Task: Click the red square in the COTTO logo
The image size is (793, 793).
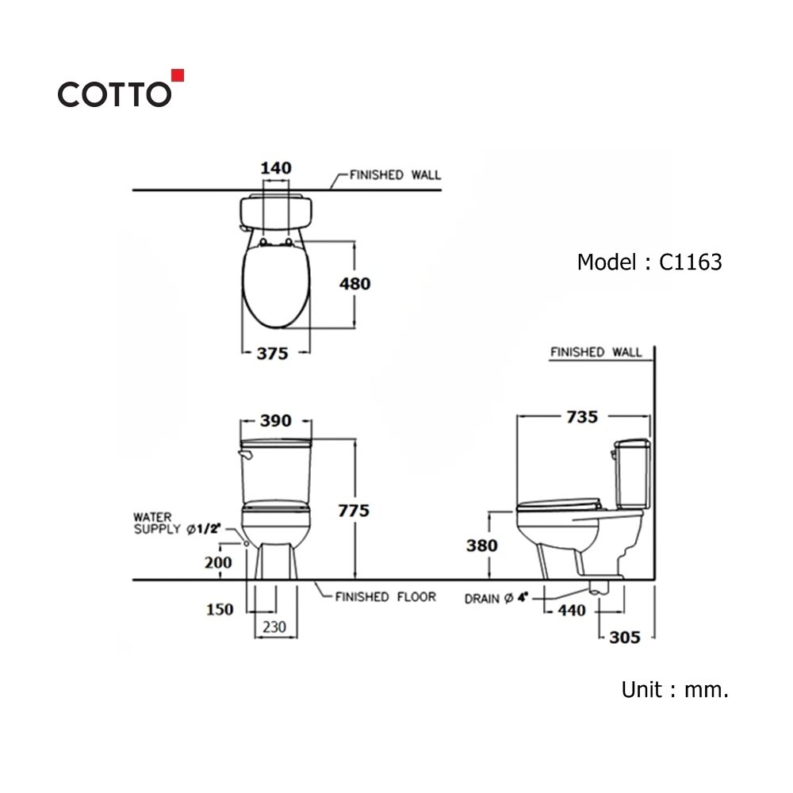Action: pyautogui.click(x=178, y=75)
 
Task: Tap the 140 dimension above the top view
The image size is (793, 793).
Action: pyautogui.click(x=276, y=168)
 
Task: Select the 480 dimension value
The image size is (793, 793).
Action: pyautogui.click(x=355, y=284)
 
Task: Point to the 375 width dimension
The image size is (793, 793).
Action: pyautogui.click(x=272, y=354)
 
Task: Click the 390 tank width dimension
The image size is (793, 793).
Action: pyautogui.click(x=276, y=420)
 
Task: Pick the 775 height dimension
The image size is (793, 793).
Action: pyautogui.click(x=354, y=511)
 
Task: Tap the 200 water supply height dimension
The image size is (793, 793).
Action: pyautogui.click(x=218, y=562)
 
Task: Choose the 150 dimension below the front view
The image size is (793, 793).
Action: pyautogui.click(x=220, y=609)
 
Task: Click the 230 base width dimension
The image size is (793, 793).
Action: pyautogui.click(x=274, y=627)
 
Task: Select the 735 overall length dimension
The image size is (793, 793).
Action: pyautogui.click(x=582, y=417)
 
